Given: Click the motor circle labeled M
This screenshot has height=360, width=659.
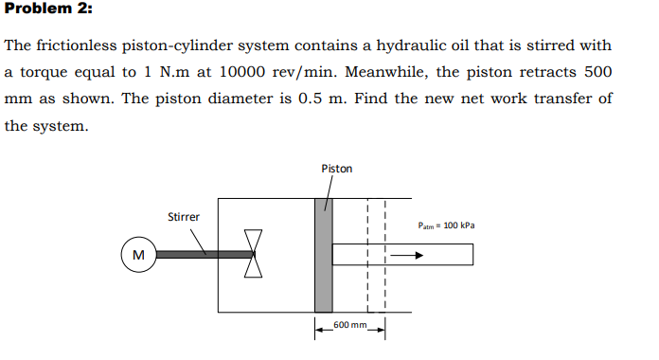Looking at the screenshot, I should pos(138,254).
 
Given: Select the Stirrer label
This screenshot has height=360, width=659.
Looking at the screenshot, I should pos(184,217).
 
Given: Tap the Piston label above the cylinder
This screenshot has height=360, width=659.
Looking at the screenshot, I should pos(336,169).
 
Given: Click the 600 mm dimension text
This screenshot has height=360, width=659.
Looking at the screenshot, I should pos(350,324).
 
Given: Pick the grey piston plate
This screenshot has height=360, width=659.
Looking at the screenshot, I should pos(324,255).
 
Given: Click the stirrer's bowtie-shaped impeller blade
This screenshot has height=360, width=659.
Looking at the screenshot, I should pos(253,254).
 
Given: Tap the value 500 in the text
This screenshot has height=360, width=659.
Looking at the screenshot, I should pos(597,72).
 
